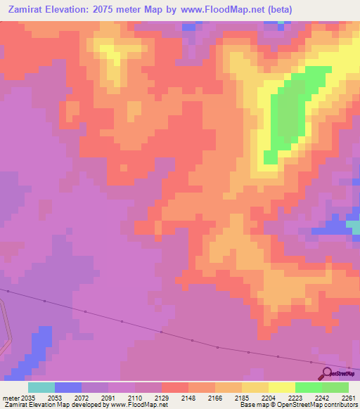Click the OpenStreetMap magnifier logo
(328, 373)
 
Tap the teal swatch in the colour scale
(41, 387)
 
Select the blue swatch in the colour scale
(68, 387)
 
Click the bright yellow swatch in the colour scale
(282, 387)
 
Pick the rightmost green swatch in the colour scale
(335, 387)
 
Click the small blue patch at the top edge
(188, 27)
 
